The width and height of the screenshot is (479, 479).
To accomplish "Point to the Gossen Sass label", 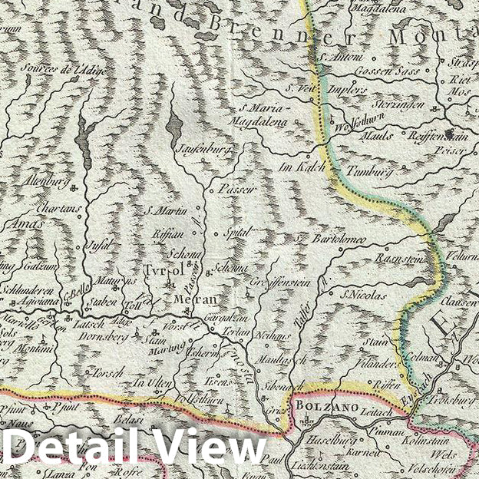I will [379, 70].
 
